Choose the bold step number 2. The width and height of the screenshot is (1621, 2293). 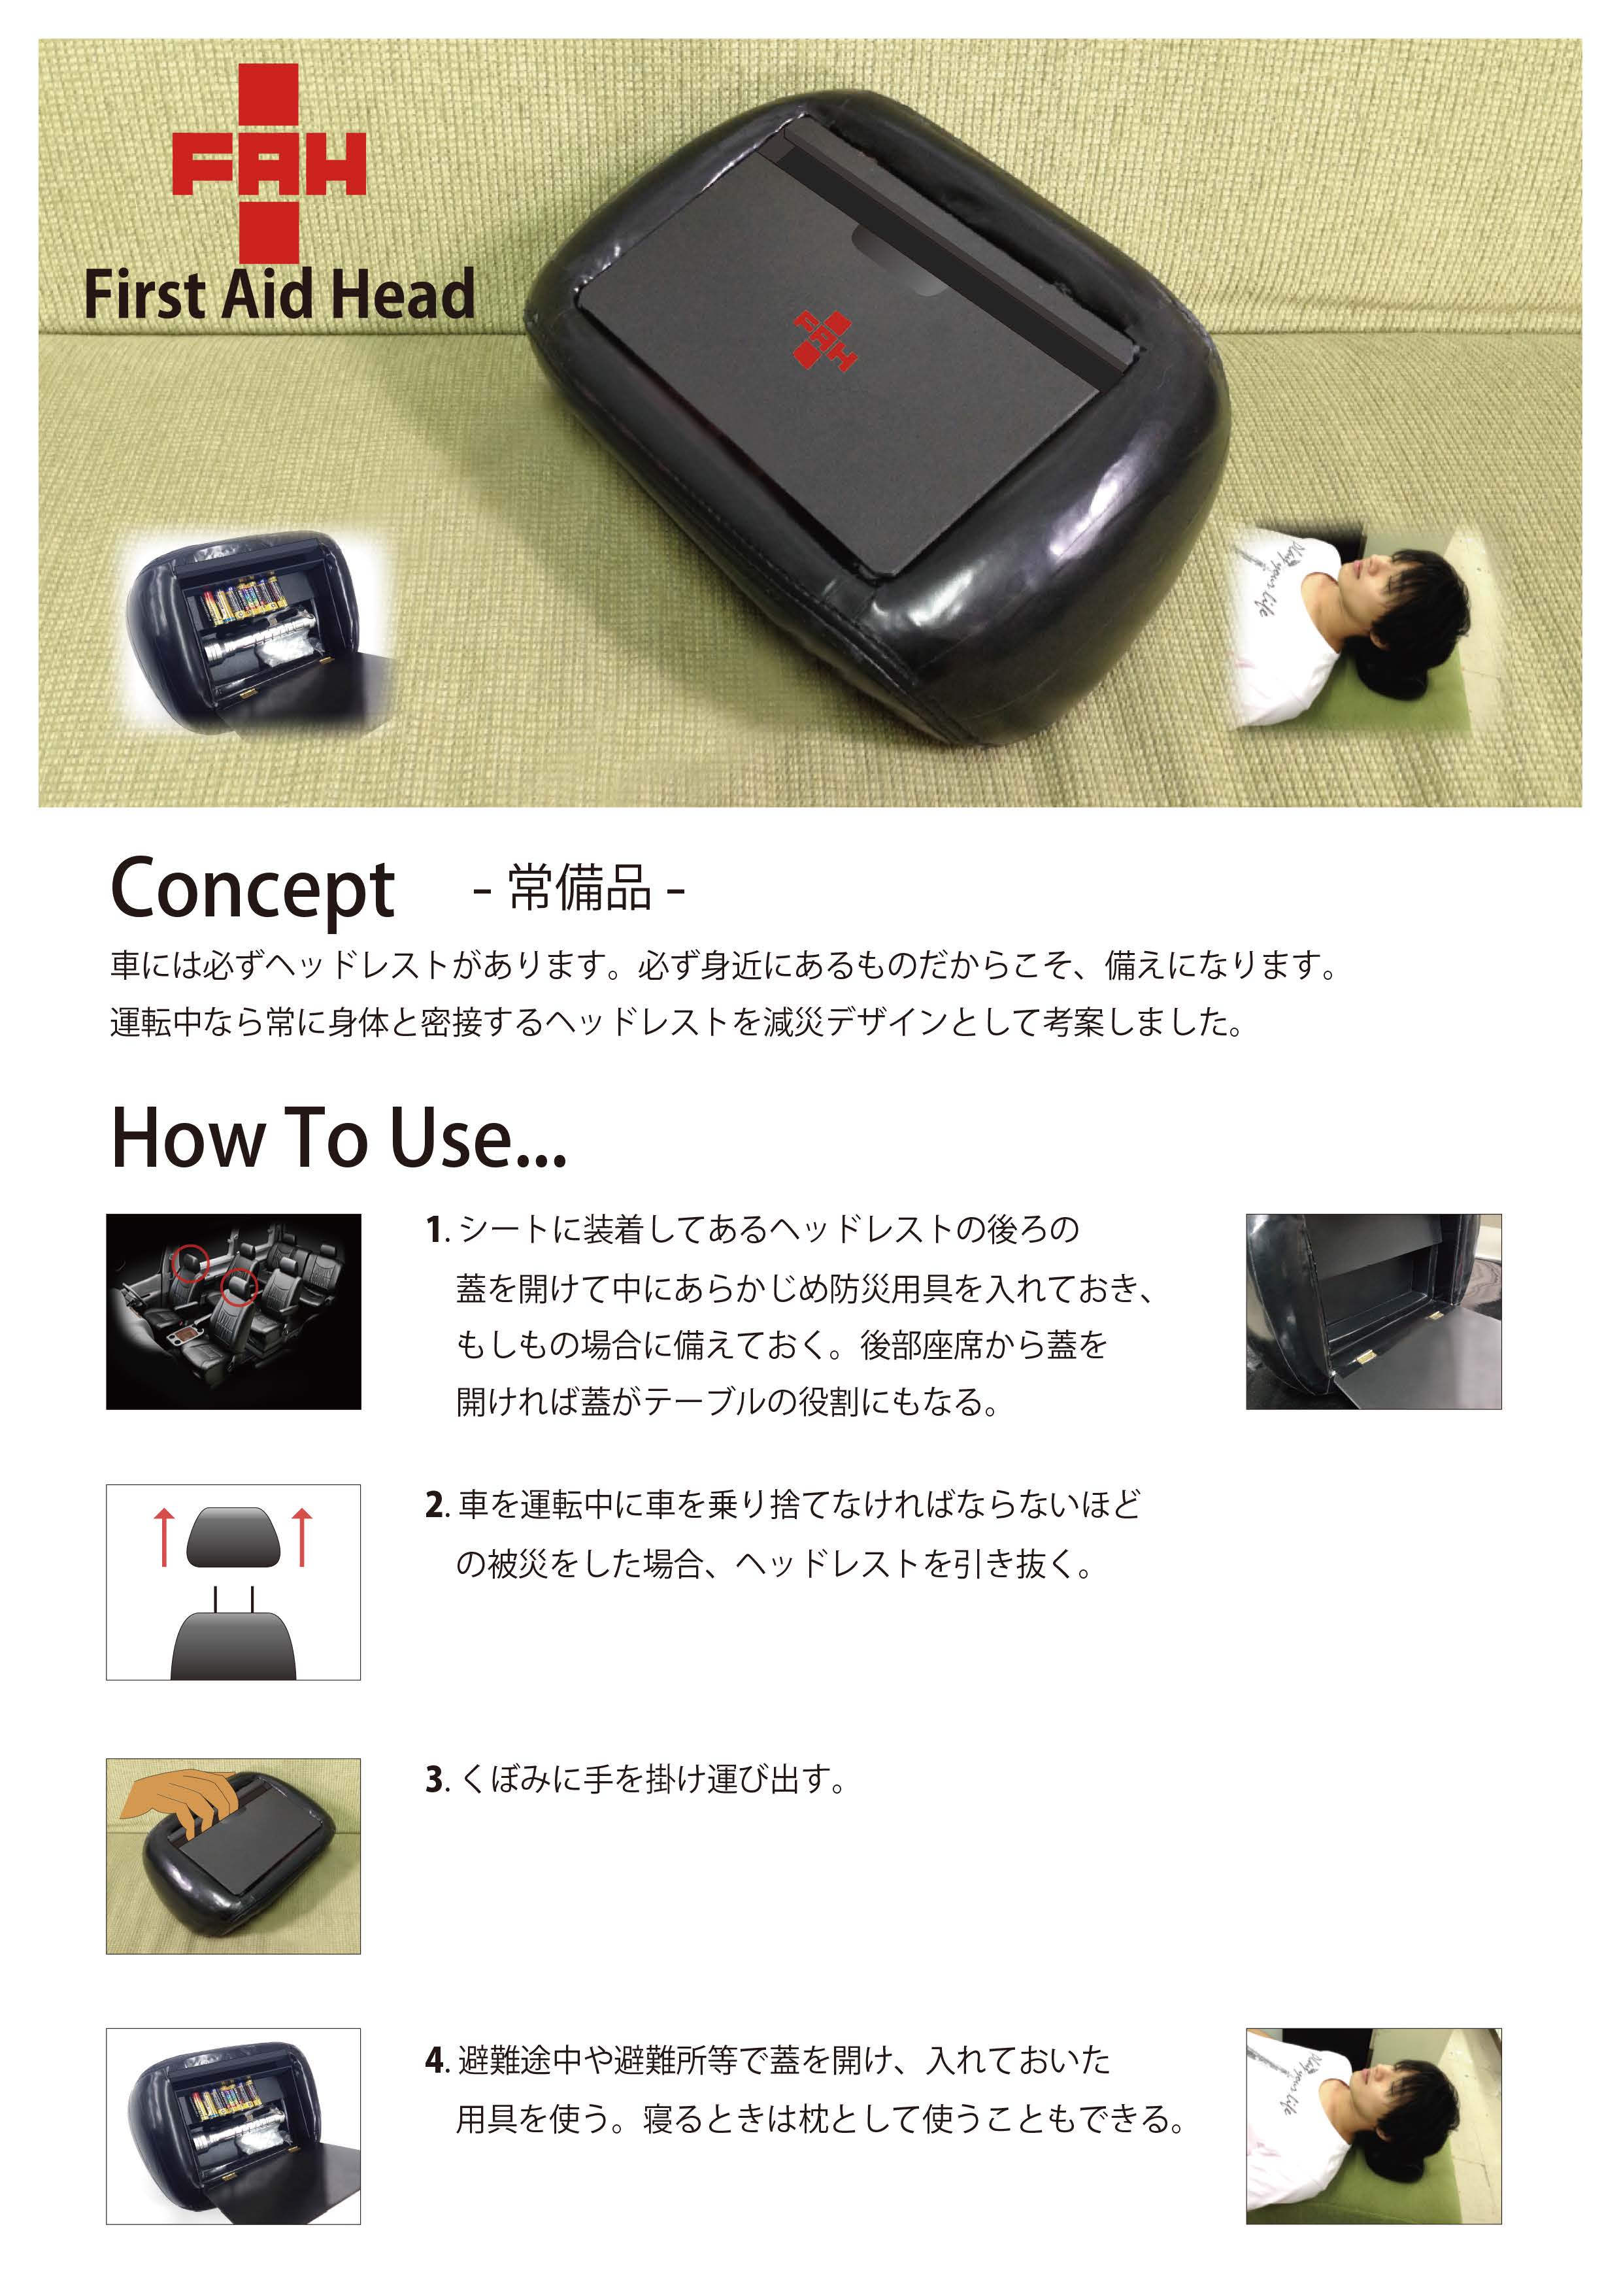[x=435, y=1506]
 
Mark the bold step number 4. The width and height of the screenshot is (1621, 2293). [x=435, y=2060]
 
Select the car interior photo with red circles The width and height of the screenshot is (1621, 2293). [x=234, y=1311]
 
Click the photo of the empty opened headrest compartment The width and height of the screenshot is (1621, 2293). [x=1373, y=1311]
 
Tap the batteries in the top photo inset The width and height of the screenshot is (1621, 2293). [x=244, y=599]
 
